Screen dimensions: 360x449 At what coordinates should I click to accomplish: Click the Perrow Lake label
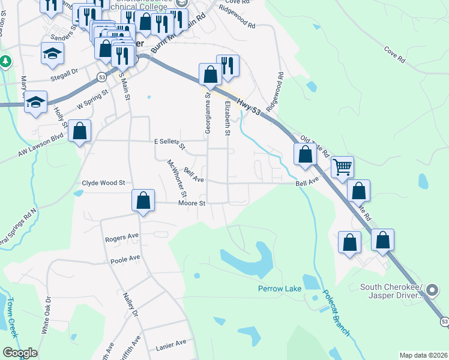click(x=279, y=289)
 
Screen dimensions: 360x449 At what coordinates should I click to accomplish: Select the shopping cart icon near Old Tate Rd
click(x=342, y=167)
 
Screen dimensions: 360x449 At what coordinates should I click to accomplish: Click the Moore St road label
click(x=192, y=203)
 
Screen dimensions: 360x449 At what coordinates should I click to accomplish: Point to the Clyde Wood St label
click(x=103, y=182)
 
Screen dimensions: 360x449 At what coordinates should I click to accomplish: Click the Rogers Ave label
click(x=122, y=238)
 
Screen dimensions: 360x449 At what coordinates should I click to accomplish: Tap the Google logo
click(x=20, y=353)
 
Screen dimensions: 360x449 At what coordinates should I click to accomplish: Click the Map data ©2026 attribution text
click(x=423, y=355)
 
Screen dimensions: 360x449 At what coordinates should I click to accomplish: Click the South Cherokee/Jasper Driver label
click(x=392, y=291)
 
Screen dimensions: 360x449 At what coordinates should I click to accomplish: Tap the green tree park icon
click(x=5, y=61)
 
